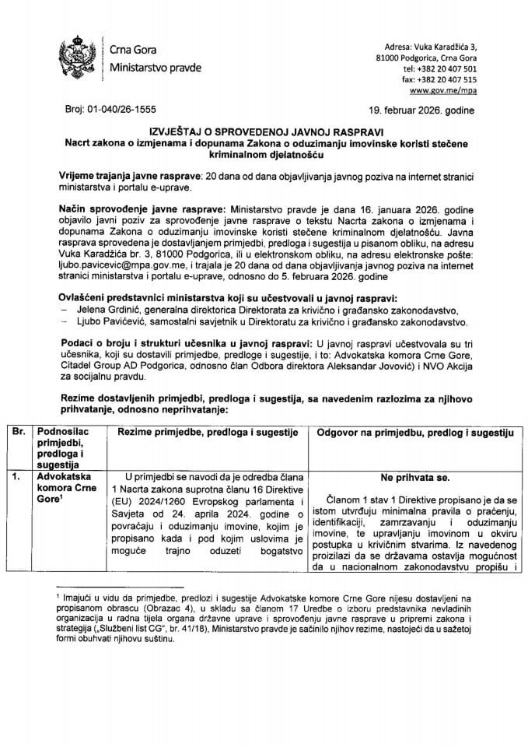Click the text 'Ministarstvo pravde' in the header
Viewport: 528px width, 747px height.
pos(156,67)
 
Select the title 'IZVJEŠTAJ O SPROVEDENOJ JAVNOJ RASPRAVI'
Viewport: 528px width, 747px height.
pos(263,132)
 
